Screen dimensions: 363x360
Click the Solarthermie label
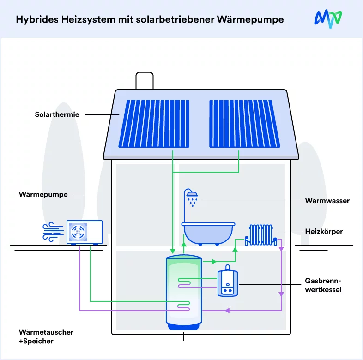click(x=57, y=114)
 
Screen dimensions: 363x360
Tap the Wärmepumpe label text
click(x=43, y=195)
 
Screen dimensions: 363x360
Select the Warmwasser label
click(x=327, y=201)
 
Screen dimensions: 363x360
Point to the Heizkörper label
click(x=324, y=232)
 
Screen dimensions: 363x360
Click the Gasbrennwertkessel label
click(x=323, y=285)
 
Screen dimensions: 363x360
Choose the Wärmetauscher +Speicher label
click(x=46, y=336)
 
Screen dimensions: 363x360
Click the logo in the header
click(x=328, y=19)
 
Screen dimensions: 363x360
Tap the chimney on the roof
click(x=145, y=81)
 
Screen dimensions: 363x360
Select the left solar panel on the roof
click(x=154, y=124)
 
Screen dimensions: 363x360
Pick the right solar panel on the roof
click(x=245, y=124)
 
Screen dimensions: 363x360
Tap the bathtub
click(x=208, y=234)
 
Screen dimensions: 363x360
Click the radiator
click(x=261, y=235)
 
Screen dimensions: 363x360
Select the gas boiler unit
click(x=228, y=281)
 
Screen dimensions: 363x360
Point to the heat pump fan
click(x=78, y=232)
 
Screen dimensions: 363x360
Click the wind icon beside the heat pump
click(x=53, y=232)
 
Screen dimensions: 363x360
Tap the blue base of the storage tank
click(x=184, y=326)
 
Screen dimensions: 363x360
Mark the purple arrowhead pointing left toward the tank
click(x=227, y=311)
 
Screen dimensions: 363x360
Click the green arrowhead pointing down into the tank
click(x=172, y=251)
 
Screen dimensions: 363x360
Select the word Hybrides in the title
click(x=37, y=20)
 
